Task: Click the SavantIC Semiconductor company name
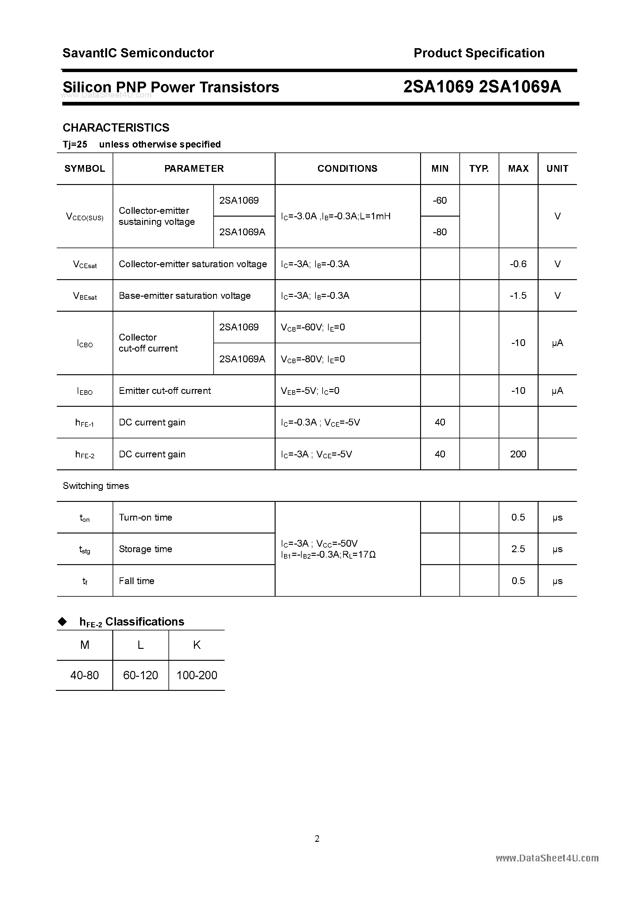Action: (x=138, y=53)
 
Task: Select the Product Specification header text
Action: (x=479, y=53)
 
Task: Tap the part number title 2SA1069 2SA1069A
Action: (x=482, y=87)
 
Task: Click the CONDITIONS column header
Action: (x=347, y=168)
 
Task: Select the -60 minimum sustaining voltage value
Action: (x=440, y=200)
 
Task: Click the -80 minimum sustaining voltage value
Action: (x=440, y=232)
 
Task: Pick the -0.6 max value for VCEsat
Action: (x=518, y=264)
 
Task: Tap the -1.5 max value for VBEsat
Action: (x=518, y=296)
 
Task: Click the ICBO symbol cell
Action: (x=85, y=343)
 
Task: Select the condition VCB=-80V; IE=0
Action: (x=313, y=359)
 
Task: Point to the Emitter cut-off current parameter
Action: (x=164, y=391)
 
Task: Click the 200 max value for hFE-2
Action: (x=518, y=454)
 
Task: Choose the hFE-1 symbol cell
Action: (x=85, y=423)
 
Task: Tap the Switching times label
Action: (x=96, y=486)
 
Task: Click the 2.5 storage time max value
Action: (x=518, y=549)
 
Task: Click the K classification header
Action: (x=197, y=645)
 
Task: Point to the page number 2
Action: (x=317, y=838)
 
